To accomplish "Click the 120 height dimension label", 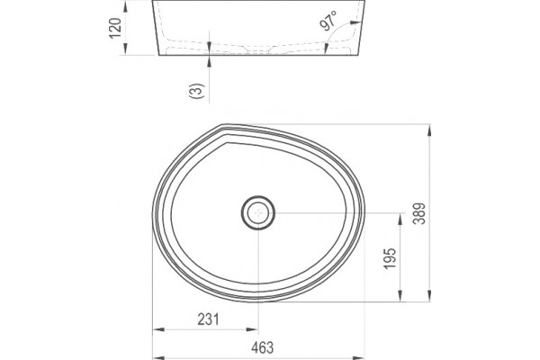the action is click(x=115, y=28).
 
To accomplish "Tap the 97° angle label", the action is click(x=328, y=21).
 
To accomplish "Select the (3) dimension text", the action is click(x=197, y=91).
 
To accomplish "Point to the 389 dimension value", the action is click(x=419, y=213).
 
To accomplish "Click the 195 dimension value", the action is click(x=390, y=258).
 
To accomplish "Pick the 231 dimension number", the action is click(x=209, y=319).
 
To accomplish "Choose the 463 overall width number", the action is click(x=263, y=347).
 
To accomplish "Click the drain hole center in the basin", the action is click(x=258, y=213).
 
